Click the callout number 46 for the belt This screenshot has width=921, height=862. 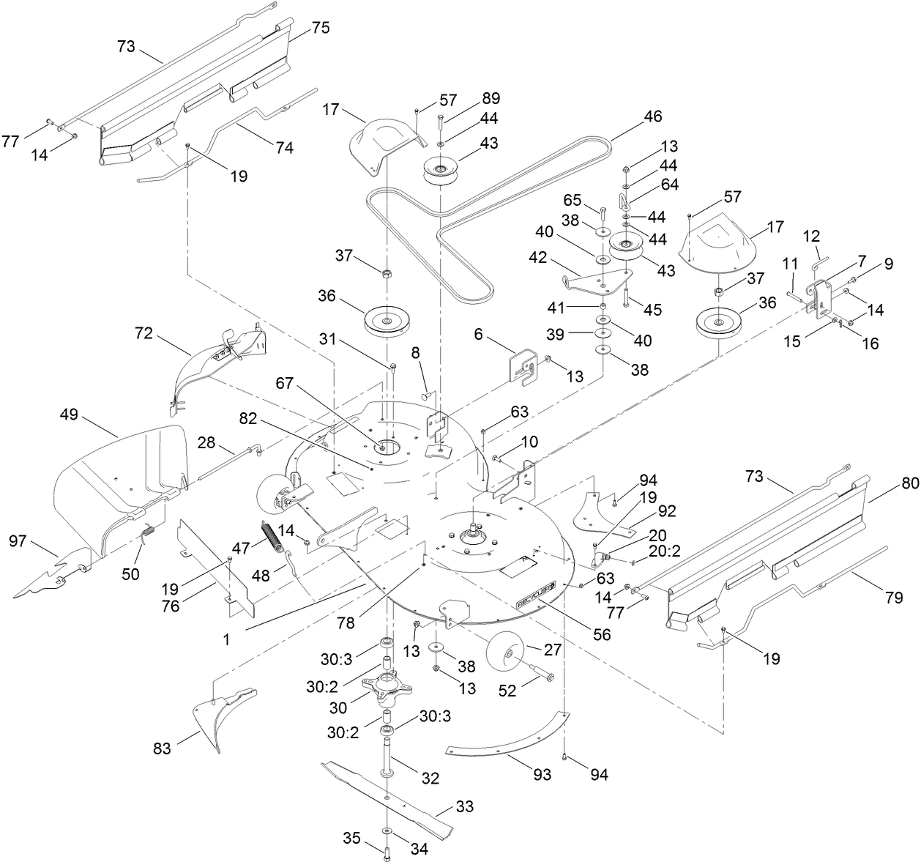(652, 116)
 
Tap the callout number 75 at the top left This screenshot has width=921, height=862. (320, 28)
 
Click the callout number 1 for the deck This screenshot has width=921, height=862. (227, 639)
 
